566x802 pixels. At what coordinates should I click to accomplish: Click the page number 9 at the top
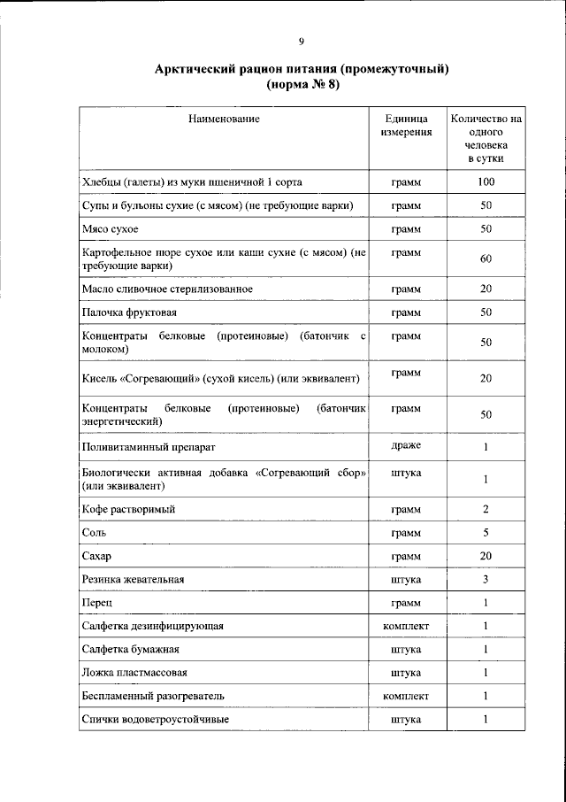(x=302, y=41)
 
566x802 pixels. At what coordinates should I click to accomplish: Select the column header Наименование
(x=223, y=118)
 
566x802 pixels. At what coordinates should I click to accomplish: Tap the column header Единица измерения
(x=406, y=125)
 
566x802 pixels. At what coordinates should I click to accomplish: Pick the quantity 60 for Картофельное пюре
(x=486, y=259)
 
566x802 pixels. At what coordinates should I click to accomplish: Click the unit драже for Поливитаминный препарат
(x=406, y=445)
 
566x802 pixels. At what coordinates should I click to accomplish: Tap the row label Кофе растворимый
(x=128, y=510)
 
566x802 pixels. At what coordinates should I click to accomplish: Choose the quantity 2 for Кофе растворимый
(x=486, y=509)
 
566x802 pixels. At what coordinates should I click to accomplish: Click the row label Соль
(x=93, y=533)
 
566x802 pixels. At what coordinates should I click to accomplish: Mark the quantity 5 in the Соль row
(x=486, y=533)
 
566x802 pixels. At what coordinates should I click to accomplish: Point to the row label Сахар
(x=96, y=556)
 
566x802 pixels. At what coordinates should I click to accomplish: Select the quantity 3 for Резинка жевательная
(x=486, y=579)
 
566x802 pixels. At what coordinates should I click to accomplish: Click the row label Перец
(x=96, y=602)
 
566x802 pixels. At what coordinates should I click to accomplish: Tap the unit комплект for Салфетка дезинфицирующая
(x=406, y=626)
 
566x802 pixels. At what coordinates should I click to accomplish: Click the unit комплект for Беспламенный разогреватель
(x=406, y=696)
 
